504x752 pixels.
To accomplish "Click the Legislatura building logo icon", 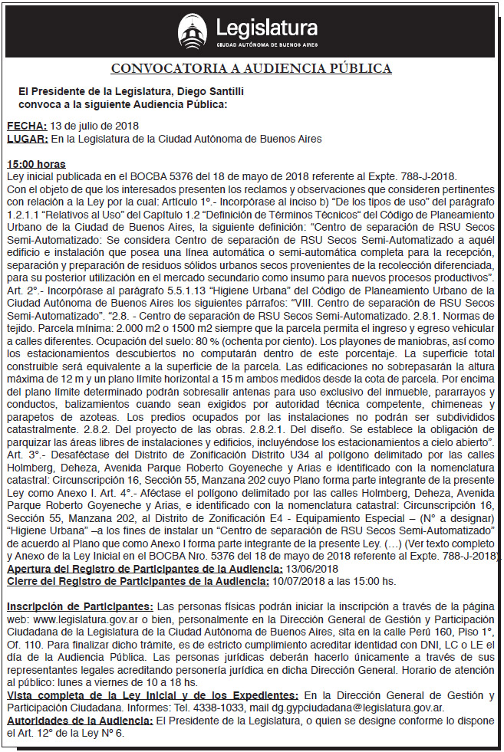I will pos(193,31).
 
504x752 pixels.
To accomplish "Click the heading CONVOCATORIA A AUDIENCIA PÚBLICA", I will pos(252,68).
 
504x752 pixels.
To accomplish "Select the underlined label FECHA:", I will pos(27,126).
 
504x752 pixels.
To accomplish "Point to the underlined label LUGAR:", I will pos(28,139).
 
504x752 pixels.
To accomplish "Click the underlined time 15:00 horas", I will pos(36,164).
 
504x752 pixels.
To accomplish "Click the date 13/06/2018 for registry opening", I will pos(311,568).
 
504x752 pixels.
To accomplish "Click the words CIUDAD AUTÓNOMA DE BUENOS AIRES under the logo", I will pos(267,45).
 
